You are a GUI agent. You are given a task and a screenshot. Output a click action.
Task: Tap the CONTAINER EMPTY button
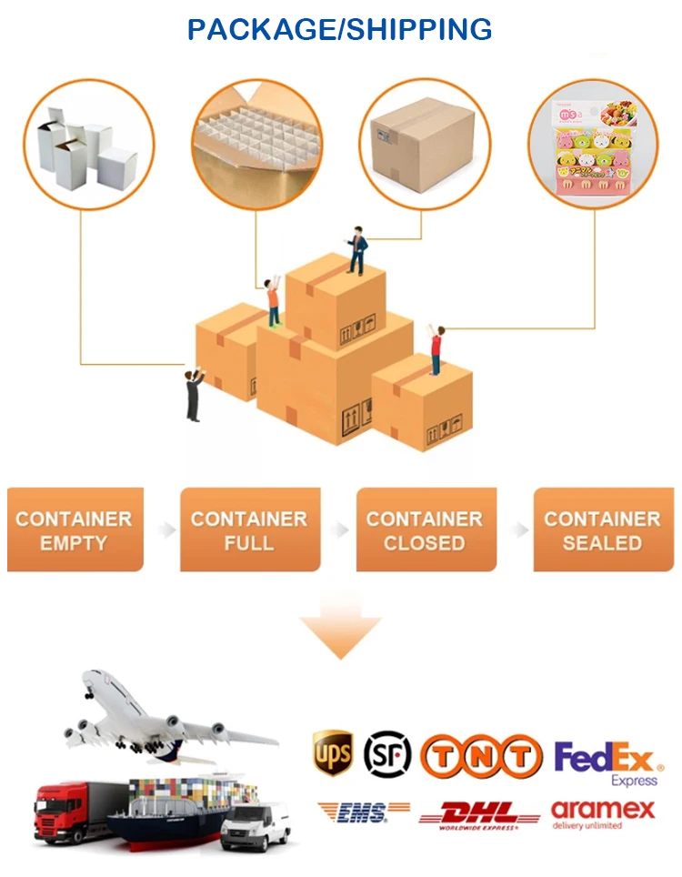pyautogui.click(x=75, y=530)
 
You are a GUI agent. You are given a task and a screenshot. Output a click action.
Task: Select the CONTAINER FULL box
pyautogui.click(x=249, y=530)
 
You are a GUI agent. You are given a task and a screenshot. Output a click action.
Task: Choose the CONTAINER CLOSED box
pyautogui.click(x=425, y=530)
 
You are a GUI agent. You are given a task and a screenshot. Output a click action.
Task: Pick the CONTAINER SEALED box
pyautogui.click(x=602, y=530)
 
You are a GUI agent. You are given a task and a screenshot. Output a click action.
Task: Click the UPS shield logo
pyautogui.click(x=333, y=753)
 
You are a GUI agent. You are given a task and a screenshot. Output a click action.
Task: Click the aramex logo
pyautogui.click(x=603, y=813)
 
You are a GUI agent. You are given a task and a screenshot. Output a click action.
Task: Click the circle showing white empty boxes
pyautogui.click(x=87, y=146)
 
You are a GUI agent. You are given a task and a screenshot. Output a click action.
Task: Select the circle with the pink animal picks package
pyautogui.click(x=596, y=146)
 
